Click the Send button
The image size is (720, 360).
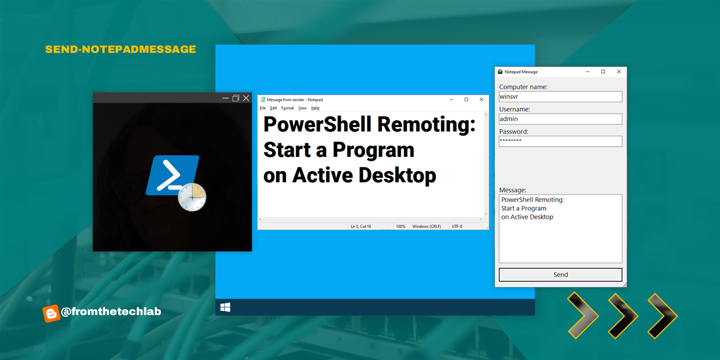tap(560, 274)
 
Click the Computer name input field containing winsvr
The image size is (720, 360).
tap(560, 96)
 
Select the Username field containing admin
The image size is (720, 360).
tap(560, 119)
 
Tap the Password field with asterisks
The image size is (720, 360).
tap(560, 141)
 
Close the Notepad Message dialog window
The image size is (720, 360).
tap(619, 71)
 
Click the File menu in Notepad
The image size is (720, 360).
tap(263, 108)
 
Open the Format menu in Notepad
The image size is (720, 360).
tap(287, 108)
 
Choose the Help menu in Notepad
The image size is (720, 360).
tap(316, 108)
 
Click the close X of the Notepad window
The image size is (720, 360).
tap(481, 100)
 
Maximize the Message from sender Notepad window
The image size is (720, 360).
tap(466, 100)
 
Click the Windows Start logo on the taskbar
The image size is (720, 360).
tap(226, 307)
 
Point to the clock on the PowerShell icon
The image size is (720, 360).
tap(192, 197)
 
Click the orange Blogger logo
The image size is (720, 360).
tap(51, 313)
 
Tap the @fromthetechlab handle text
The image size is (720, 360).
tap(111, 312)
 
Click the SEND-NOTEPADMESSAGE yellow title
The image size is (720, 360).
tap(120, 49)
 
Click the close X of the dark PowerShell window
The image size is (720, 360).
tap(246, 98)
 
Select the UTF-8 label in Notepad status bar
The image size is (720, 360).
tap(457, 226)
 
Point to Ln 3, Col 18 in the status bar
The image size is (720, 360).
tap(361, 226)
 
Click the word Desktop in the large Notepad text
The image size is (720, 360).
tap(397, 175)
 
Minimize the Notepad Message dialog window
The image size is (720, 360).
tap(588, 71)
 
